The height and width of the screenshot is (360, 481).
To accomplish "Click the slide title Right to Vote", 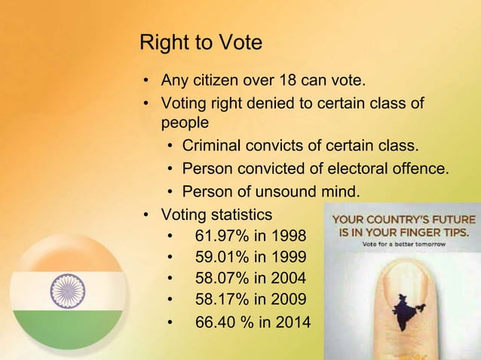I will coord(201,42).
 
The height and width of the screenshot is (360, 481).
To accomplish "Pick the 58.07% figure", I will coord(222,278).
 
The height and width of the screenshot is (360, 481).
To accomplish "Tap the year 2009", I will coord(288,300).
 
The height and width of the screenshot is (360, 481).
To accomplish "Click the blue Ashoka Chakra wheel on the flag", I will coord(68,290).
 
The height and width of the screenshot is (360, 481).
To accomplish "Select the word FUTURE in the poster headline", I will coord(449,219).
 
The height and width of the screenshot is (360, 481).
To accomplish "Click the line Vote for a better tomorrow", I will coord(403,245).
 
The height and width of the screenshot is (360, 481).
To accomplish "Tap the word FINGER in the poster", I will coord(425,232).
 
